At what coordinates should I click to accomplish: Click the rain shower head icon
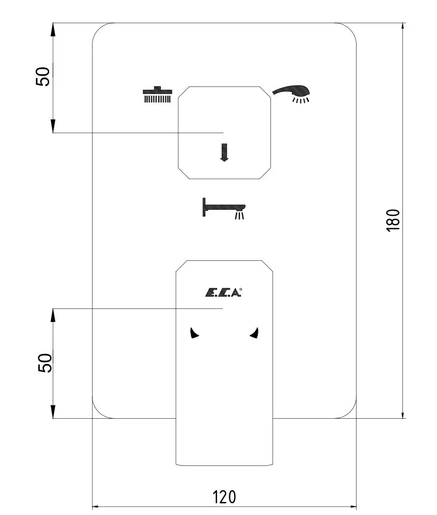(158, 94)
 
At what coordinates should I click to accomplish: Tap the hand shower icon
(291, 93)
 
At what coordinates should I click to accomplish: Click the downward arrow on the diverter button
(224, 152)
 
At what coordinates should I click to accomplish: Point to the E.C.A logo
(223, 292)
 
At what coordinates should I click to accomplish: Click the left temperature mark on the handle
(194, 333)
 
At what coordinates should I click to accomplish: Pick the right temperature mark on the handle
(254, 333)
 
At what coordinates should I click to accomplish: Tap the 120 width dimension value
(224, 497)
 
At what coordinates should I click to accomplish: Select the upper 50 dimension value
(43, 77)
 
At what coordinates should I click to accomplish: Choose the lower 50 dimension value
(45, 363)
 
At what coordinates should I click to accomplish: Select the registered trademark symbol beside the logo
(240, 289)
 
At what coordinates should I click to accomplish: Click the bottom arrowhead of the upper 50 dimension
(52, 126)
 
